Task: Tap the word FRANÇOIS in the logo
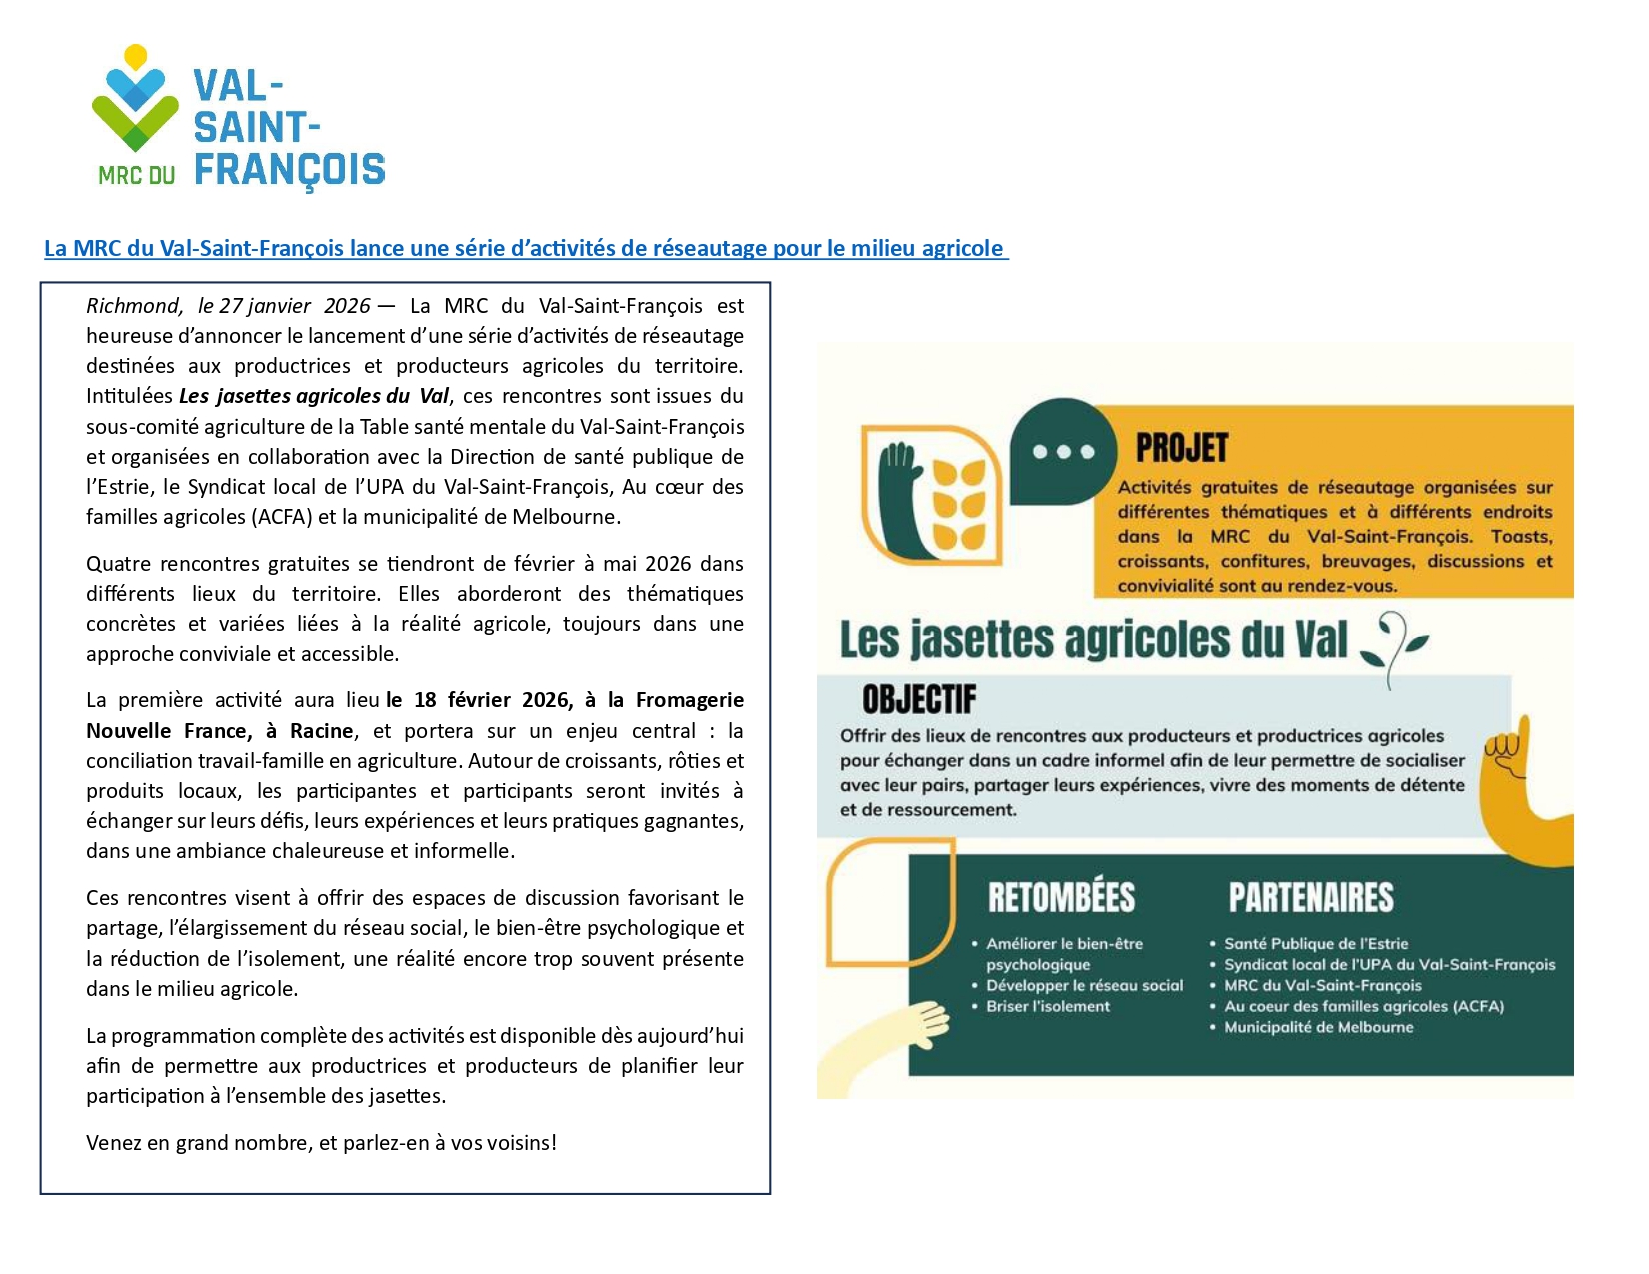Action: pyautogui.click(x=289, y=170)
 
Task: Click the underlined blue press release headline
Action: pyautogui.click(x=526, y=248)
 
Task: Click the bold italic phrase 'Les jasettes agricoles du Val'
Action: pyautogui.click(x=314, y=396)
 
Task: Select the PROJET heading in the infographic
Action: pyautogui.click(x=1181, y=449)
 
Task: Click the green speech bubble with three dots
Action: pyautogui.click(x=1062, y=451)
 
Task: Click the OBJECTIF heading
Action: pyautogui.click(x=919, y=700)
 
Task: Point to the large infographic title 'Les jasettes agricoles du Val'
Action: pyautogui.click(x=1093, y=639)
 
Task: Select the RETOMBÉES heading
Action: pyautogui.click(x=1061, y=897)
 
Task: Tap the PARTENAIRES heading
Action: pyautogui.click(x=1311, y=897)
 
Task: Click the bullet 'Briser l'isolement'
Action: pyautogui.click(x=1047, y=1006)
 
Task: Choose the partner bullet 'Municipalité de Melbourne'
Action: pyautogui.click(x=1318, y=1027)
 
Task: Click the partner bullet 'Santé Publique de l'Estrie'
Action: pyautogui.click(x=1315, y=943)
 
